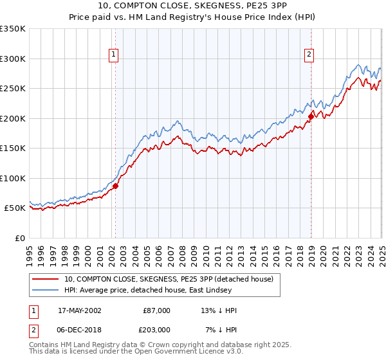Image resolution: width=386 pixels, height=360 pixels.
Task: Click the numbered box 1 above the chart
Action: [113, 55]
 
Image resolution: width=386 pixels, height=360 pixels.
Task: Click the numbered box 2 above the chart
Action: [309, 55]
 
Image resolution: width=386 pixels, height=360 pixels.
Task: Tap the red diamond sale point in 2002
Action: [116, 186]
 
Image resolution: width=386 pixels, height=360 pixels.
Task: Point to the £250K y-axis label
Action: [12, 89]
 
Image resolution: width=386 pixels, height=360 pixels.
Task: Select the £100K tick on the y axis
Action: [12, 178]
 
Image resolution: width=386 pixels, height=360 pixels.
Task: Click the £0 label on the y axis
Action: [19, 238]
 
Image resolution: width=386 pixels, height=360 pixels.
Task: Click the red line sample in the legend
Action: [45, 279]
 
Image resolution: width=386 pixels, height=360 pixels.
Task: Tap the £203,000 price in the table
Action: [156, 329]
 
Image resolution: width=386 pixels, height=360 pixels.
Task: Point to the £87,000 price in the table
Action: [156, 310]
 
